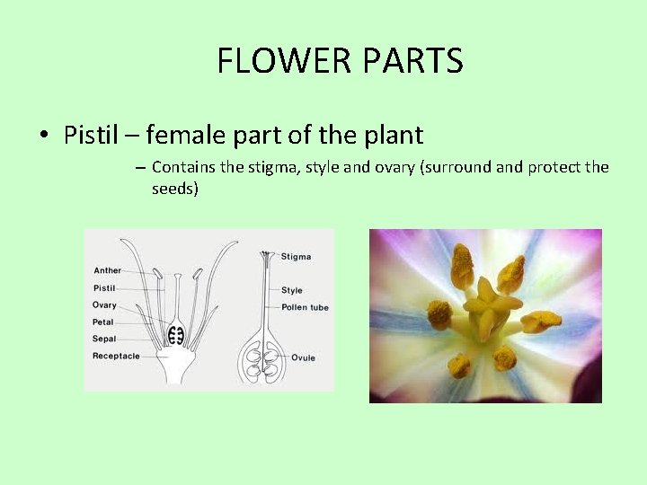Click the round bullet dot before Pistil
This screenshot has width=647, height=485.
(44, 137)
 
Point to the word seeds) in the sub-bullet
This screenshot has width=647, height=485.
(175, 189)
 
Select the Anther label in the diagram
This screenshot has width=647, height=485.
(107, 270)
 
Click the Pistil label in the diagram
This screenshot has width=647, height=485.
(105, 288)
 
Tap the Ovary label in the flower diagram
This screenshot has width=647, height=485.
(105, 305)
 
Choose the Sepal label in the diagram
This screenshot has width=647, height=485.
(105, 339)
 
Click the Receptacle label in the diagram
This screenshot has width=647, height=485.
(116, 356)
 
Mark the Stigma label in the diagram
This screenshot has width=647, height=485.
(297, 257)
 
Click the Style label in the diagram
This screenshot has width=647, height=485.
(292, 290)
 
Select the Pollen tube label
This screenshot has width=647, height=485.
(306, 307)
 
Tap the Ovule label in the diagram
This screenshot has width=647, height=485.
(303, 357)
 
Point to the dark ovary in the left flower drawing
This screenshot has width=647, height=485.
(177, 335)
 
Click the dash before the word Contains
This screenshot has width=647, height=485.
(141, 168)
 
